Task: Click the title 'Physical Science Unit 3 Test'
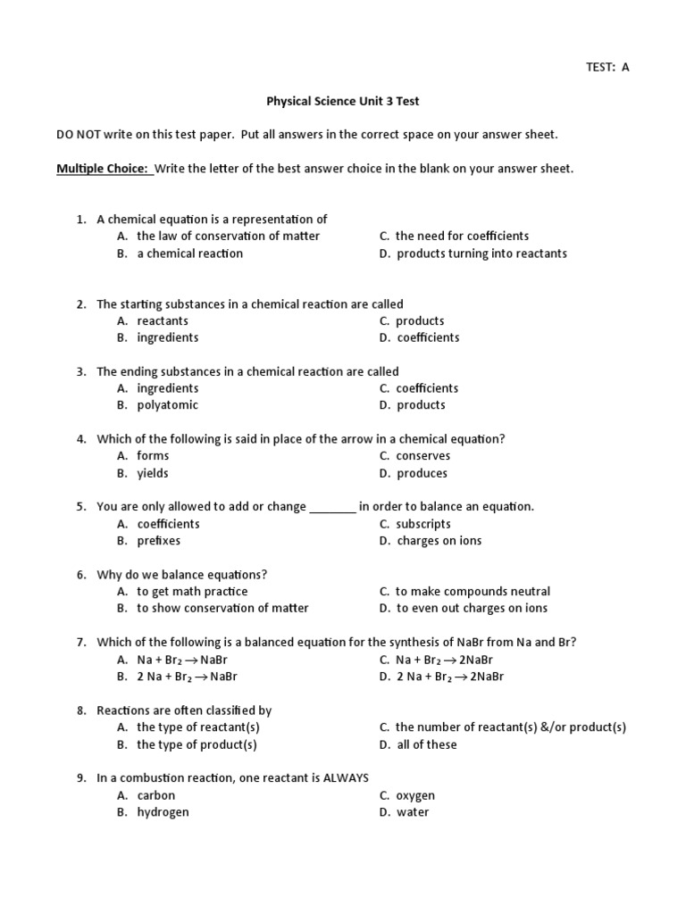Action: coord(342,102)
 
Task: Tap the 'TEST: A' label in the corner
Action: coord(607,67)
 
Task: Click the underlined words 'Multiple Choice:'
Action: coord(103,169)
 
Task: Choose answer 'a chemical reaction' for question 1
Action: coord(189,253)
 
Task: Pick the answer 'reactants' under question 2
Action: coord(163,321)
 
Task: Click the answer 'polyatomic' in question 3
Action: coord(167,405)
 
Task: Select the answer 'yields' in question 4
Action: coord(153,473)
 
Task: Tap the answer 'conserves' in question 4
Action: coord(423,456)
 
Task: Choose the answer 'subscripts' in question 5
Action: coord(423,524)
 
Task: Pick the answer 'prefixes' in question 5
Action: coord(159,541)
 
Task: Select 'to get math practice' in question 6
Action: coord(192,592)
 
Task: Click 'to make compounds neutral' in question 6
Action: coord(473,592)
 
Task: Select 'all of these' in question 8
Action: coord(427,744)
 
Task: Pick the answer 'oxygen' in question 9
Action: coord(415,795)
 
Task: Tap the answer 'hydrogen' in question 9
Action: coord(163,812)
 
